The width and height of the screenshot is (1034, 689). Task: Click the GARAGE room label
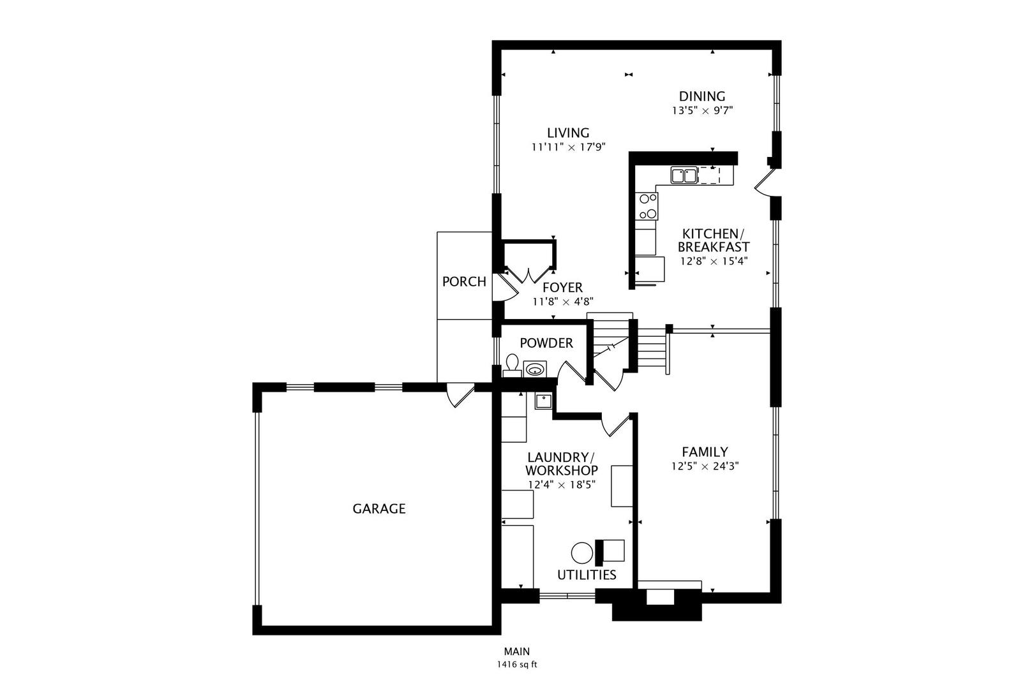tap(379, 508)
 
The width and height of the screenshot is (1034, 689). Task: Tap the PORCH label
tap(464, 281)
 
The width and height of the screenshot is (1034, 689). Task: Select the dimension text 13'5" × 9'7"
tap(701, 110)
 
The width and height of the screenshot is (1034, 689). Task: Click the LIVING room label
tap(567, 133)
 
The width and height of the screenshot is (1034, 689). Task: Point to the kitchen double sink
tap(684, 175)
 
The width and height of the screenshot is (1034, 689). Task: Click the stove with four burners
tap(647, 206)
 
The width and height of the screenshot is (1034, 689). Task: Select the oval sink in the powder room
tap(535, 369)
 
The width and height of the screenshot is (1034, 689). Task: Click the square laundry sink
tap(543, 401)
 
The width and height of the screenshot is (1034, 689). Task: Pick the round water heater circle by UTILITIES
tap(581, 552)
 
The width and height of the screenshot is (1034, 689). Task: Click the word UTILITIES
tap(587, 575)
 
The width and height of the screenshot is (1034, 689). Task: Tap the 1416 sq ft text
tap(516, 664)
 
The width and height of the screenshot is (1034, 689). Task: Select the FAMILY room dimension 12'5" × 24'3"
tap(705, 466)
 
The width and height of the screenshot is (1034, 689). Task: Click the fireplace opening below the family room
tap(660, 597)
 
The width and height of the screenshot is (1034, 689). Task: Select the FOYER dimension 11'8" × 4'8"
tap(562, 302)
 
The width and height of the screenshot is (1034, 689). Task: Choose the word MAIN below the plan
tap(516, 651)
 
